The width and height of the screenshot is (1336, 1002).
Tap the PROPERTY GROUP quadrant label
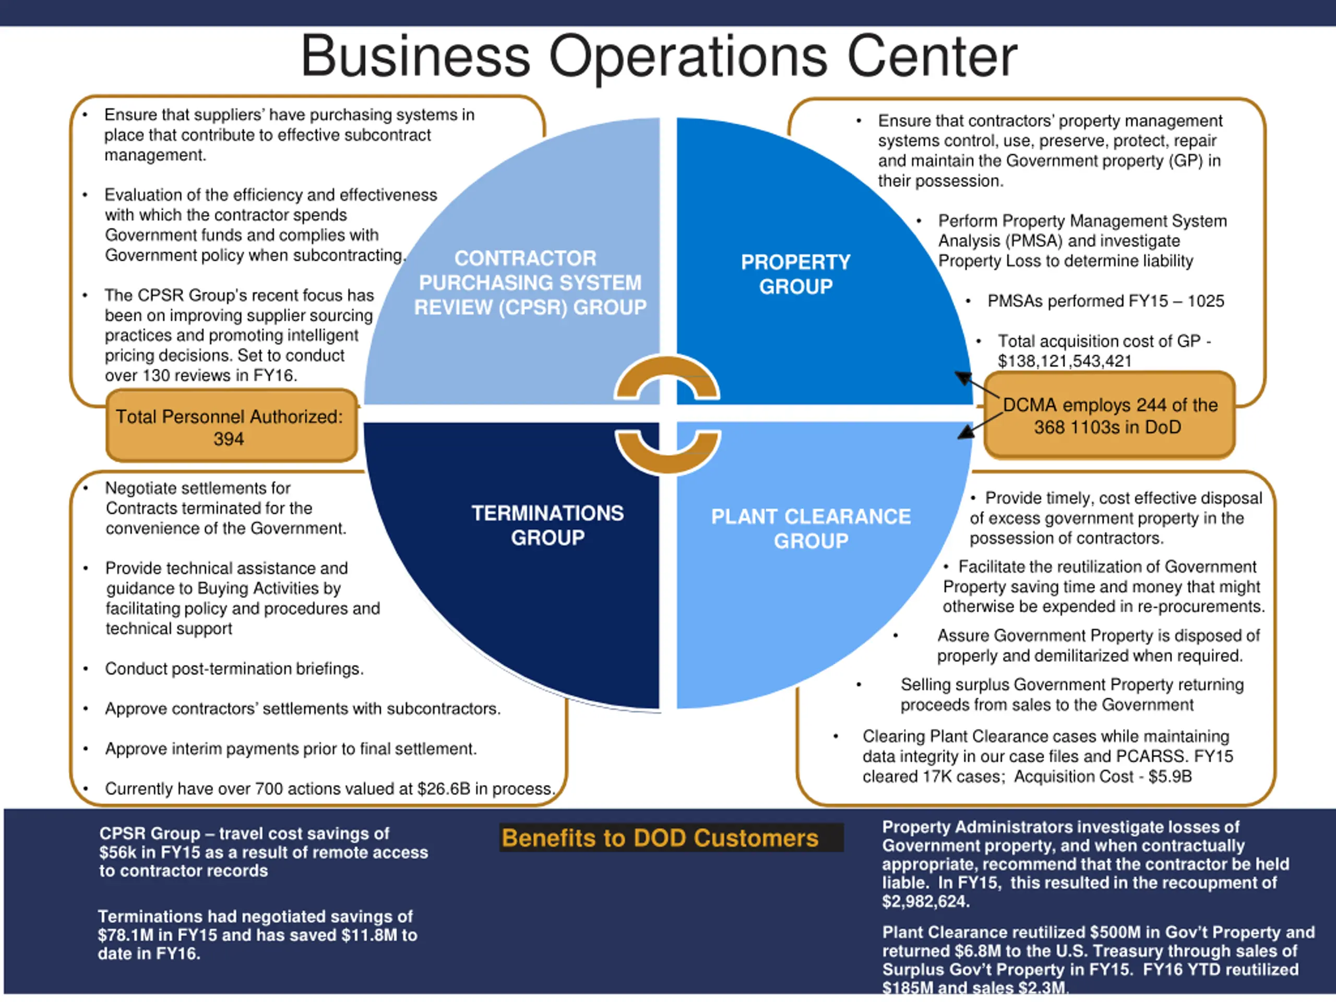click(795, 274)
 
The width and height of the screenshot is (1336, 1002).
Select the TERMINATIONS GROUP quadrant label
click(547, 526)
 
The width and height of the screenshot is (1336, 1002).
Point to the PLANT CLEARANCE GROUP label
click(810, 529)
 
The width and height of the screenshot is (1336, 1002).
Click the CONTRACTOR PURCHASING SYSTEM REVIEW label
click(530, 283)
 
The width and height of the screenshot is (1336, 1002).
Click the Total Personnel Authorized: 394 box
click(230, 427)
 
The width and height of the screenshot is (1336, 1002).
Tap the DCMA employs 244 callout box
click(1109, 415)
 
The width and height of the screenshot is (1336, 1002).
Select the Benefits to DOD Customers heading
click(660, 838)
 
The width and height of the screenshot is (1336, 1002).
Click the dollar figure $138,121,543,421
click(1064, 361)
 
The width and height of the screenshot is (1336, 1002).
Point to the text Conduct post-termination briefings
click(234, 669)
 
